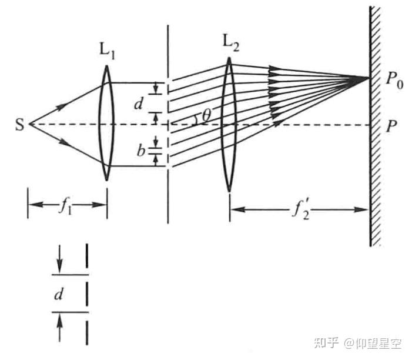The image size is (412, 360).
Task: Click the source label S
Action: (x=20, y=125)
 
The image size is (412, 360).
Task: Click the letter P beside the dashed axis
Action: (x=390, y=125)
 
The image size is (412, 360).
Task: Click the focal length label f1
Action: (x=66, y=206)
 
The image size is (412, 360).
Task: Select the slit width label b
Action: (x=141, y=149)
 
